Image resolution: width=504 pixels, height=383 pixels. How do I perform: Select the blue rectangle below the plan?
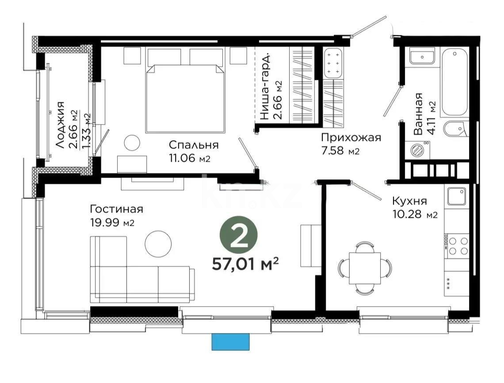pos(230,341)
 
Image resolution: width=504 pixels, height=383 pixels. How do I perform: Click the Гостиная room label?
pos(116,209)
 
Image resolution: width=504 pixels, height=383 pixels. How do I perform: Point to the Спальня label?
pos(194,145)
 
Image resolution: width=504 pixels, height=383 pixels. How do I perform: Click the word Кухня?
pos(409,201)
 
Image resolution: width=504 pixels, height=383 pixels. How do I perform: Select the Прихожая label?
pos(351,138)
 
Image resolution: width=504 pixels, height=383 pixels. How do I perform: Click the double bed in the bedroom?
pos(184,97)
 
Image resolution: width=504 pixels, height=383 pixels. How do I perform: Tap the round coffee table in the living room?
pos(158,243)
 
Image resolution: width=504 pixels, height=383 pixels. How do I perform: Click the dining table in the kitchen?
pos(364,268)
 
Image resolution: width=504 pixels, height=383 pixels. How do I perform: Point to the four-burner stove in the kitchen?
pos(458,246)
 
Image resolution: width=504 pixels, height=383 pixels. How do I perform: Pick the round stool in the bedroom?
pos(131,143)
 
